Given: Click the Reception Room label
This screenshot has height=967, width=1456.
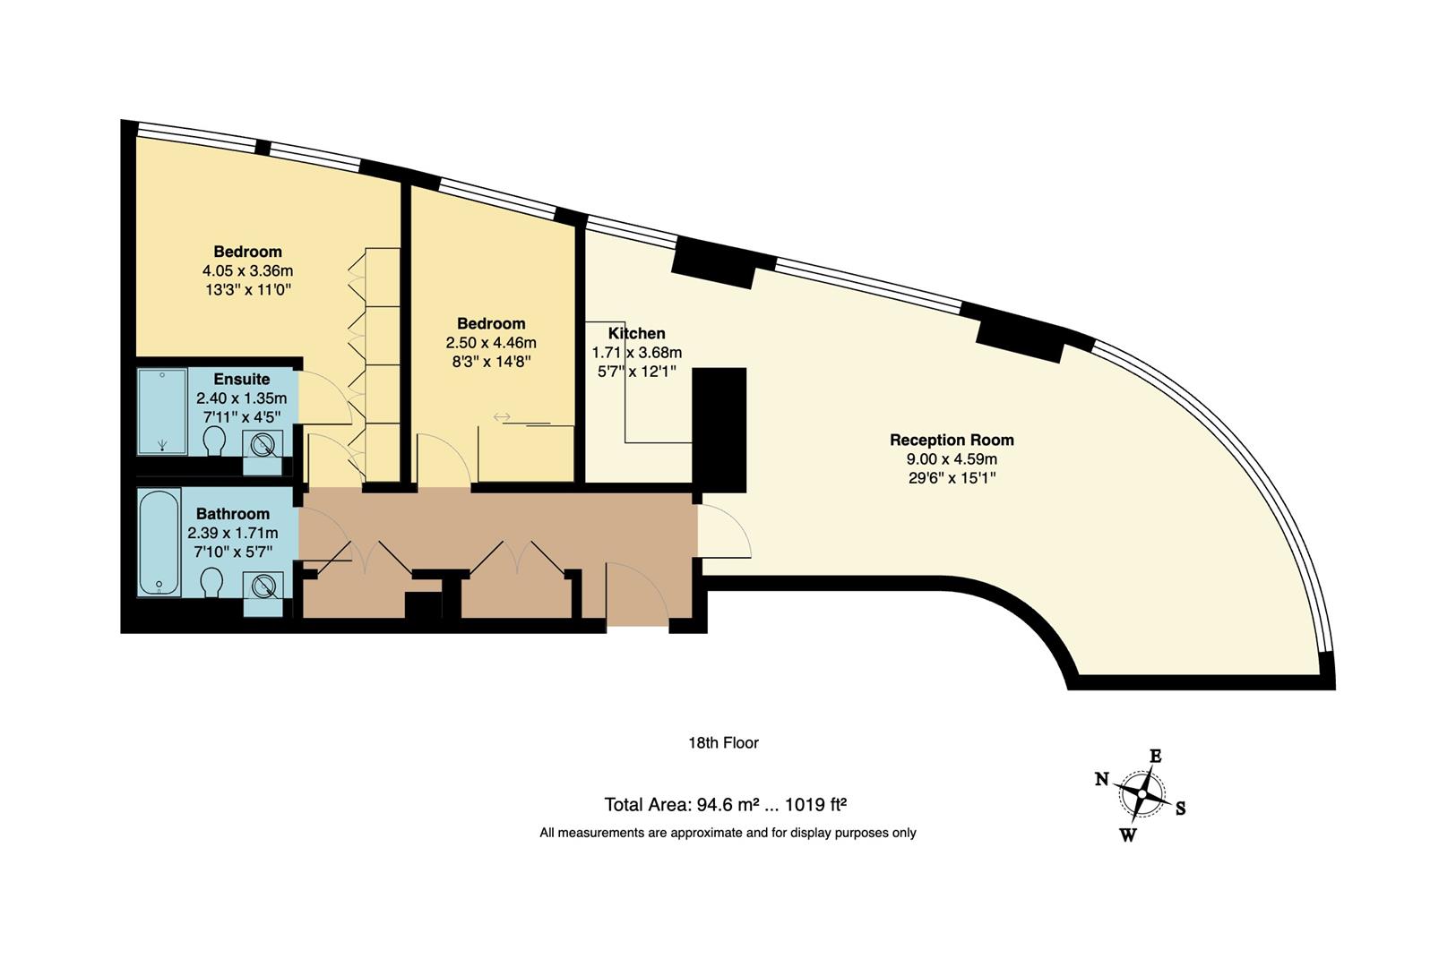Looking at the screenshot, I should pos(952,440).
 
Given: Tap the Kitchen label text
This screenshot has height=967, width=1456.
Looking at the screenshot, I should pos(636,334).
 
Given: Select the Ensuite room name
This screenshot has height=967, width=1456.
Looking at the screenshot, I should pos(241,380).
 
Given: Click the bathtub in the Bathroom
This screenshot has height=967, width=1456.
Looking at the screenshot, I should pos(159,542).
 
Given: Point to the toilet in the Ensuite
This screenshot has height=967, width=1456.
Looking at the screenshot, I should pos(214,441).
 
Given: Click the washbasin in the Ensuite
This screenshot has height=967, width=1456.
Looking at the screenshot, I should pos(263,445).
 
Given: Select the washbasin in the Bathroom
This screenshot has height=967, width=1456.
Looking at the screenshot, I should pos(263,586).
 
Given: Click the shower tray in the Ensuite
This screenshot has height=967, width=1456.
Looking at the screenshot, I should pos(162,411).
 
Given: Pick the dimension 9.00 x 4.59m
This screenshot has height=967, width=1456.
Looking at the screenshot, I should pos(952,459).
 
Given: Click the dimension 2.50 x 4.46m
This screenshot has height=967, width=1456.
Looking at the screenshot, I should pos(491,343).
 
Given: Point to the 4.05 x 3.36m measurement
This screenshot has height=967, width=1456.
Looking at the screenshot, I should pos(247,270).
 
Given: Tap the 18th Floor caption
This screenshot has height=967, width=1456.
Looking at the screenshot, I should pos(723,743).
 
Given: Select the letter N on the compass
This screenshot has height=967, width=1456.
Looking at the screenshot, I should pos(1102,779).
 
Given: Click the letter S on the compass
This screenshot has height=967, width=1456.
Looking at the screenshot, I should pos(1180,809).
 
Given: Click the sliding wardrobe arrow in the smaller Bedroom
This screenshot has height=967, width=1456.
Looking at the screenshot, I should pos(502,416).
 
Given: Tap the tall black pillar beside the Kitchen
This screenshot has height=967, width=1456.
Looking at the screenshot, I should pos(719,430).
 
